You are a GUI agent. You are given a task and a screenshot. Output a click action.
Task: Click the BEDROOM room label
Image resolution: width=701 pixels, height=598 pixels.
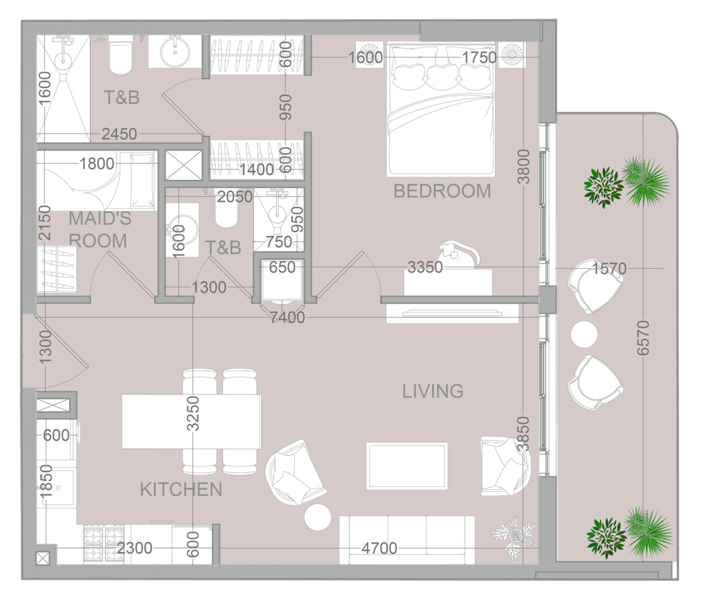tap(442, 191)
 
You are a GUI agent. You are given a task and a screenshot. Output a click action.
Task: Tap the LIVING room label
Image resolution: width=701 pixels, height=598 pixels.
tap(433, 391)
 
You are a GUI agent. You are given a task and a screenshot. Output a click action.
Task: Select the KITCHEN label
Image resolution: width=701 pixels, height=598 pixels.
tap(181, 489)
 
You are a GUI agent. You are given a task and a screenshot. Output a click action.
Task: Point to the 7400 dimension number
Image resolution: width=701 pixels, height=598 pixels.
tap(287, 318)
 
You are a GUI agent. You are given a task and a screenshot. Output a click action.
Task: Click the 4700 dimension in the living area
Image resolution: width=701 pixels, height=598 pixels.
tap(379, 548)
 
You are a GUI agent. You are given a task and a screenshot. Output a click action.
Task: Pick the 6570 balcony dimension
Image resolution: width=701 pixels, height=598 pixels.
tap(643, 338)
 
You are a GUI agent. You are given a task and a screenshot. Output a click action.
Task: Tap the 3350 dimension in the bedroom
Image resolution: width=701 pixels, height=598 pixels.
tap(425, 267)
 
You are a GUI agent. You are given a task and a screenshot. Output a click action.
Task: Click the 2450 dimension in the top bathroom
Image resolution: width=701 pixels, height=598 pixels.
tap(120, 134)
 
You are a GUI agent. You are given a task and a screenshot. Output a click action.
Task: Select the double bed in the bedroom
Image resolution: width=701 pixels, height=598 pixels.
tap(441, 109)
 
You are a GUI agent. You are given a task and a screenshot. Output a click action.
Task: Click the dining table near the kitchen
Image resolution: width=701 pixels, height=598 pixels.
tap(191, 421)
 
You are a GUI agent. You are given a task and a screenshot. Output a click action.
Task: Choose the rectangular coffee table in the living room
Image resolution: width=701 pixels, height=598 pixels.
tap(407, 466)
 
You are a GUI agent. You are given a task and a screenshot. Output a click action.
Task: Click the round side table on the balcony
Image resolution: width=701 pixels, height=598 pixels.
tap(584, 334)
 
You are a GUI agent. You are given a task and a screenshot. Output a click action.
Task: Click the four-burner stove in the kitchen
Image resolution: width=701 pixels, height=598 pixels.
tap(104, 544)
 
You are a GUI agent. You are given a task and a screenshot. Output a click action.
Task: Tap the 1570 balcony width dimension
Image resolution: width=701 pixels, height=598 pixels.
tap(609, 269)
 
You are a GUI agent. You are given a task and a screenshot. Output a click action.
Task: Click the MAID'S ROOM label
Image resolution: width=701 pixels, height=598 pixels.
tap(100, 229)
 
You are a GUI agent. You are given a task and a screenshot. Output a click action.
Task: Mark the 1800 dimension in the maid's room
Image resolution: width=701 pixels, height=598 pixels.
tap(97, 163)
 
